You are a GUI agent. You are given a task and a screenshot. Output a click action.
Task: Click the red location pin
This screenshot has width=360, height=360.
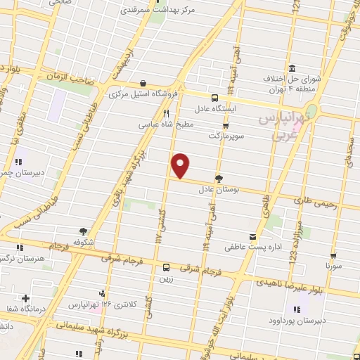tap(181, 165)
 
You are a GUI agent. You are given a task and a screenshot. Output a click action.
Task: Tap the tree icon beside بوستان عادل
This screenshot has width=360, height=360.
tap(219, 178)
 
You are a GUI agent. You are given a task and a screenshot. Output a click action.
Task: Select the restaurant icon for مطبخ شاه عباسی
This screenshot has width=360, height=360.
tap(167, 112)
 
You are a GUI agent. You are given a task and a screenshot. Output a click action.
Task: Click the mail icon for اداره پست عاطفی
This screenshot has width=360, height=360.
tap(252, 238)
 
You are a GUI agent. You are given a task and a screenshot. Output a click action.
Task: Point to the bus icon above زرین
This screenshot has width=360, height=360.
tap(166, 267)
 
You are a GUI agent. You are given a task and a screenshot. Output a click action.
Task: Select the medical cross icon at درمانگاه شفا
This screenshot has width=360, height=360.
tap(26, 299)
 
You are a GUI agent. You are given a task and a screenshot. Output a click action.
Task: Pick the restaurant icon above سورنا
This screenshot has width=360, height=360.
tap(333, 257)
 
